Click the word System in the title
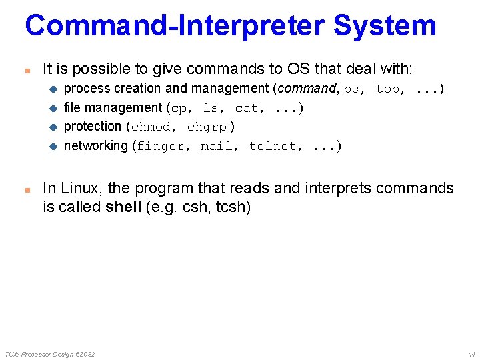[384, 25]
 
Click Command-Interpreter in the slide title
[175, 25]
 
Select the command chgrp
[207, 127]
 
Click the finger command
[161, 146]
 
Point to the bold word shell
[123, 207]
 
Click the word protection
[93, 127]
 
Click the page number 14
[471, 353]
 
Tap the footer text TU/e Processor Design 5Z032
[50, 353]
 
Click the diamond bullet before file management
[55, 108]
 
